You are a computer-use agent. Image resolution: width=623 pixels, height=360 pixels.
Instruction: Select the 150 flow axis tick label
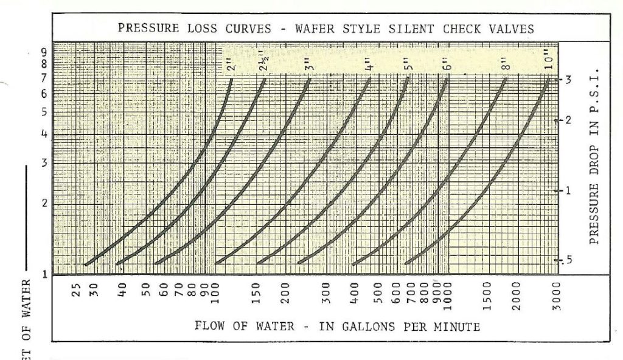tap(257, 291)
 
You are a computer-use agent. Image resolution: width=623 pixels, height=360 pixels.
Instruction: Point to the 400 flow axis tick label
tap(355, 291)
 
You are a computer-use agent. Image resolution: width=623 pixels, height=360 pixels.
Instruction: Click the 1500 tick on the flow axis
tap(486, 292)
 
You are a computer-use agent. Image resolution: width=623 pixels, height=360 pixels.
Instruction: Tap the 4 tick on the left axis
tap(43, 134)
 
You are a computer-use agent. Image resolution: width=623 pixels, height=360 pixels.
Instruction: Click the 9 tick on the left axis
tap(43, 52)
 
